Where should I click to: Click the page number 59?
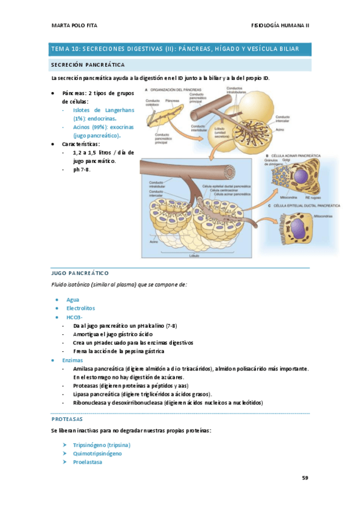[x=305, y=478]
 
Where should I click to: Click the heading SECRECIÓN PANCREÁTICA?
[x=88, y=64]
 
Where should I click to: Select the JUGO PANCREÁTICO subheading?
[x=80, y=273]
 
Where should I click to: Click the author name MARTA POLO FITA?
[x=75, y=25]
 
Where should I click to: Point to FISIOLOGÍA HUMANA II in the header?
[x=279, y=25]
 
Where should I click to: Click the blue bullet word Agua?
[x=73, y=300]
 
